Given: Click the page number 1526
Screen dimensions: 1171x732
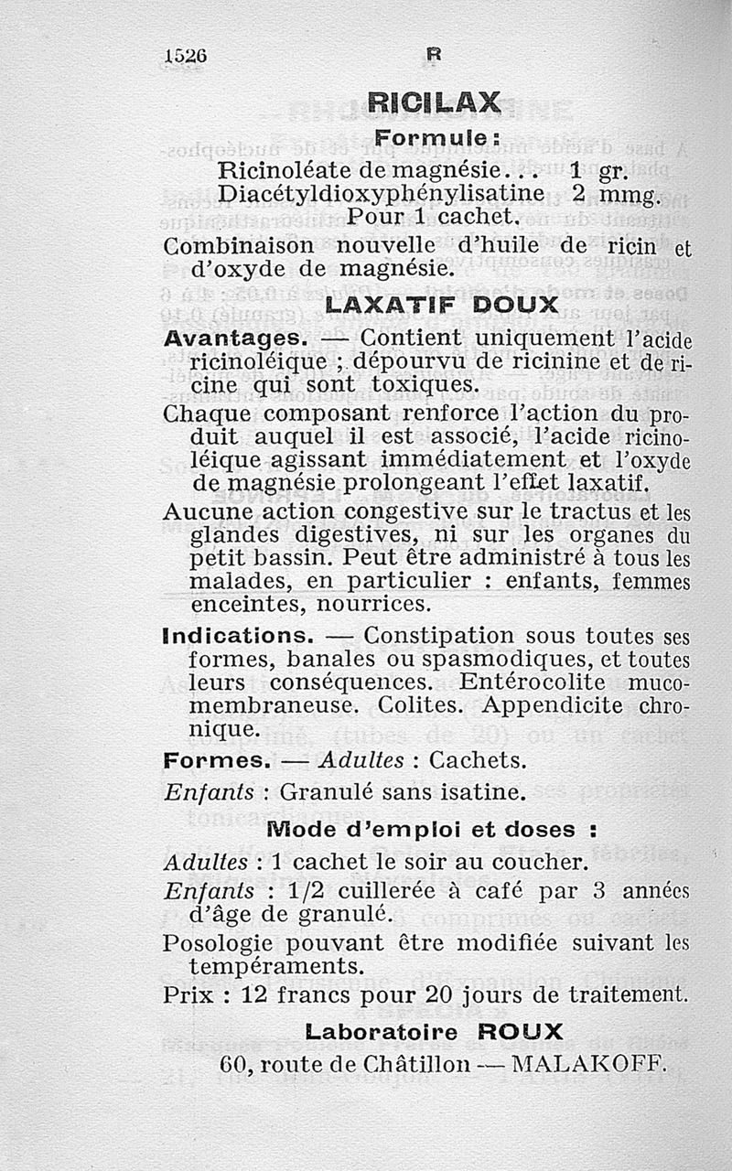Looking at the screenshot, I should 187,55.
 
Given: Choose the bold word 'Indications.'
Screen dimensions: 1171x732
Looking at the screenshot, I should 239,634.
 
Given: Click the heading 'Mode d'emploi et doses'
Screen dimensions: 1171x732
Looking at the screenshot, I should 433,830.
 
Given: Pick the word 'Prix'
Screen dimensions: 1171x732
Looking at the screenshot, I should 188,994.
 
